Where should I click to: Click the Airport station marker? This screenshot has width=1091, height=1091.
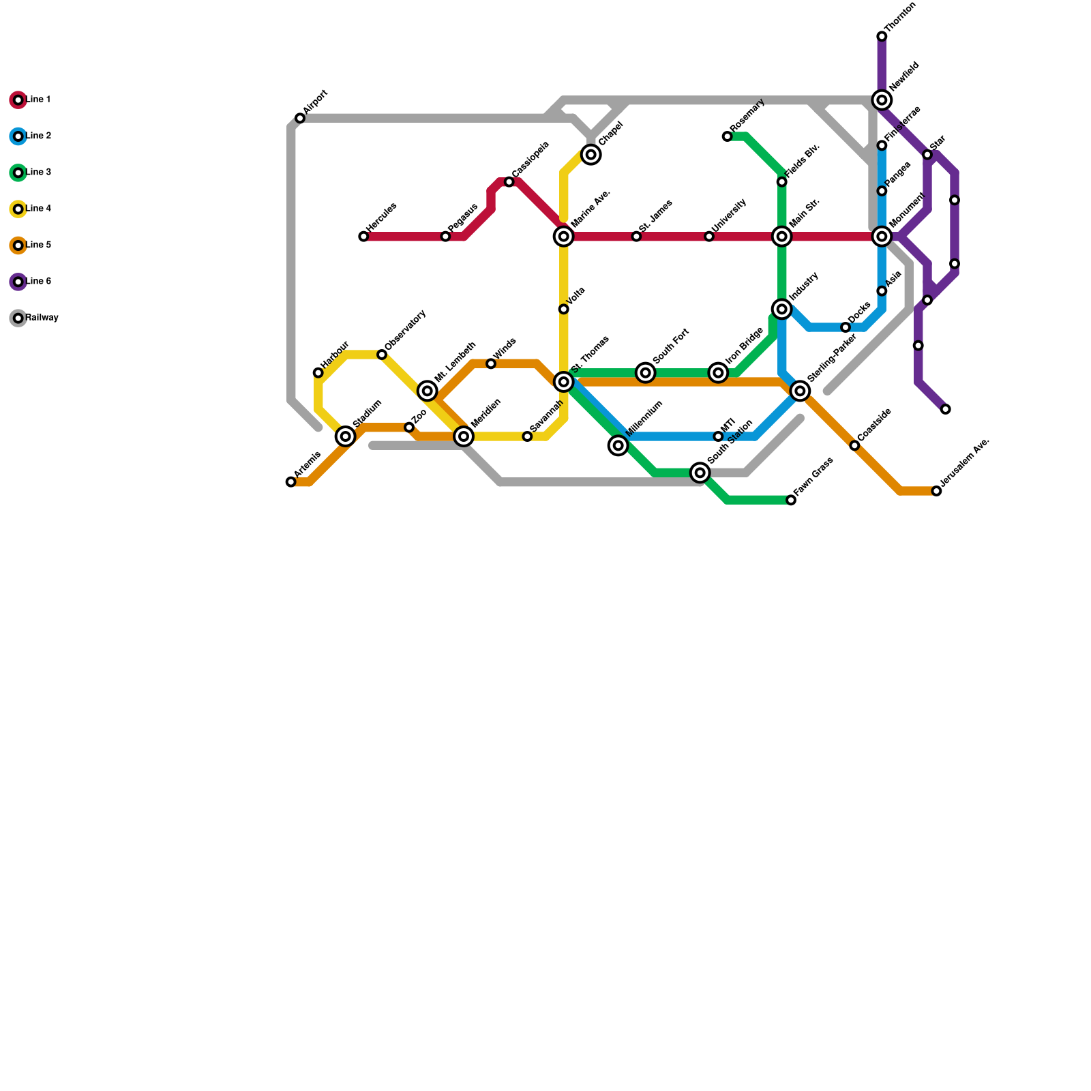[x=300, y=119]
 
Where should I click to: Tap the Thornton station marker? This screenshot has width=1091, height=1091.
[x=882, y=37]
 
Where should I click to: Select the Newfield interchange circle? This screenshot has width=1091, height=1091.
[x=882, y=100]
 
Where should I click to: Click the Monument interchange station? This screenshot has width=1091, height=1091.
[x=882, y=237]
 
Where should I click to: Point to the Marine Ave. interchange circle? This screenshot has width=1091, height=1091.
[x=564, y=237]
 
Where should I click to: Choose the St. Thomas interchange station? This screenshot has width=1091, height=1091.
[x=564, y=382]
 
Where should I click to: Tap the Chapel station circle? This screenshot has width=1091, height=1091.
[x=591, y=155]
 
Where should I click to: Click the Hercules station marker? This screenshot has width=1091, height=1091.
[x=363, y=237]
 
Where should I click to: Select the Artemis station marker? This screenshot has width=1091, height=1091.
[x=291, y=482]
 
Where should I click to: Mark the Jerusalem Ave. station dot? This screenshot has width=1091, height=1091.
[x=936, y=491]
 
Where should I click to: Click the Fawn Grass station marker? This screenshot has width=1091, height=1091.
[x=791, y=500]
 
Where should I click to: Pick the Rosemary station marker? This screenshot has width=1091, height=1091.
[x=727, y=136]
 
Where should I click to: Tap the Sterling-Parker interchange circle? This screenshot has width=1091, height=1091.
[x=801, y=391]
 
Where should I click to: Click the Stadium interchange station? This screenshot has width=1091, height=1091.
[x=346, y=436]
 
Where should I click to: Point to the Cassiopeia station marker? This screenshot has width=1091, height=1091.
[x=509, y=182]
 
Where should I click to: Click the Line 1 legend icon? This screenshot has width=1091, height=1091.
[x=18, y=100]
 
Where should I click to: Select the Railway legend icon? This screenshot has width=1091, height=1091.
[x=18, y=318]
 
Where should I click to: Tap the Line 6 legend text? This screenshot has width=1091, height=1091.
[x=39, y=282]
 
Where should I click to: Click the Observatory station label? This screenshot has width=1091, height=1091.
[x=405, y=331]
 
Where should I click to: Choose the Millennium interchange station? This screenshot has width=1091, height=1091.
[x=618, y=446]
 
